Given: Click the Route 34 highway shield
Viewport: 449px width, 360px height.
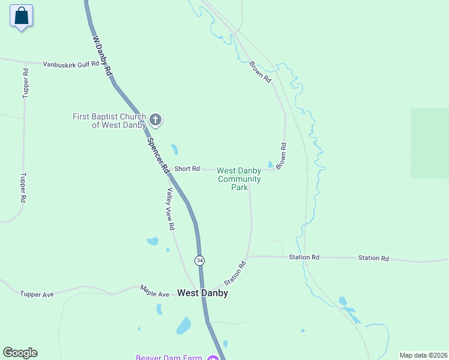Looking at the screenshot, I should [199, 260].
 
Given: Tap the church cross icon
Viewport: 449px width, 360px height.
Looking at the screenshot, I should [155, 120].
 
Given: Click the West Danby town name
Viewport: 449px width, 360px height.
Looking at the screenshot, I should [202, 293].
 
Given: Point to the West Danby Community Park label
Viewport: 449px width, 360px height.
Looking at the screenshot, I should [239, 179].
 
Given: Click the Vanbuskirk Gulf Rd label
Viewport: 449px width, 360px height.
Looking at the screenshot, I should [70, 64].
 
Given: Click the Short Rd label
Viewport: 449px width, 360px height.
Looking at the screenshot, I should [187, 169].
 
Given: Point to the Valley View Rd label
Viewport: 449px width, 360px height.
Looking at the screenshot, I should [170, 209].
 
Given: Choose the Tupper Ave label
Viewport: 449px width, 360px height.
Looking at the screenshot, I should [37, 294].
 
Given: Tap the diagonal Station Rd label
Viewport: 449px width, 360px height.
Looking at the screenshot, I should [235, 273].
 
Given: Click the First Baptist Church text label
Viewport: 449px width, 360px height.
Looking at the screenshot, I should [109, 121].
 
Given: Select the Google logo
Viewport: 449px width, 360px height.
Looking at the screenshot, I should [20, 353].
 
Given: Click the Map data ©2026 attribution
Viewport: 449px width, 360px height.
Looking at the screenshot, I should [423, 355].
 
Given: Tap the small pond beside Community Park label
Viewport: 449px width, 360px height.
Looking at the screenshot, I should [271, 164].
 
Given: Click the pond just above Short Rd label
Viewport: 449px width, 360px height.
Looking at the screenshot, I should [174, 149].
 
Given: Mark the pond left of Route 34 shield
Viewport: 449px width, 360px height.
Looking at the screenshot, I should [152, 241].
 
